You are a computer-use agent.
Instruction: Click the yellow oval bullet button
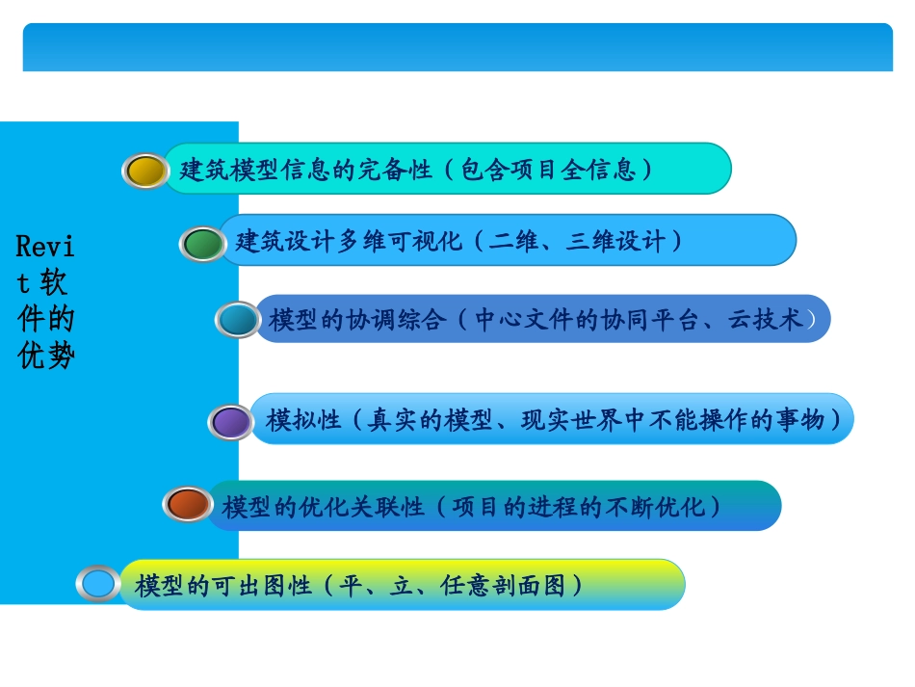145,171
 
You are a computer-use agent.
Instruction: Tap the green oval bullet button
202,243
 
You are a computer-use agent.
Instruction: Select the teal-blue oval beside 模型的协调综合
237,319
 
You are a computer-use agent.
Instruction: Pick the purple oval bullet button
231,421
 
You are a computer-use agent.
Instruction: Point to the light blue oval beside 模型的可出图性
98,583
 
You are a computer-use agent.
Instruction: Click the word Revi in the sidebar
45,246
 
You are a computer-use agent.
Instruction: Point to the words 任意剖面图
504,585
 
